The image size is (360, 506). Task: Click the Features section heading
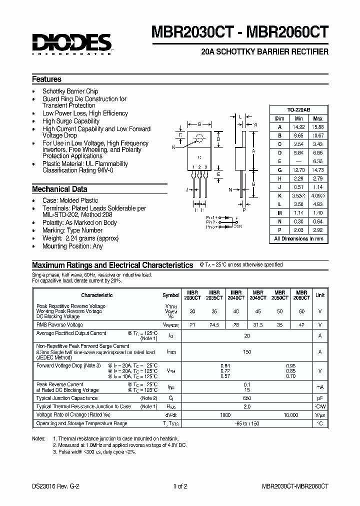tap(46, 79)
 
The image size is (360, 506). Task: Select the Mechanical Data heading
tap(59, 189)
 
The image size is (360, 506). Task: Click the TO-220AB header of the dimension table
tap(298, 109)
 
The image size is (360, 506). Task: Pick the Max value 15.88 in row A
tap(317, 126)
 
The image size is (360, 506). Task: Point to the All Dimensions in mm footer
tap(298, 239)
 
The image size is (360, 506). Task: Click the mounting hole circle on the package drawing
tap(200, 138)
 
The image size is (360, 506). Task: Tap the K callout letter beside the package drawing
tap(173, 147)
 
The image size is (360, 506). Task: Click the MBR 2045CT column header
tap(257, 295)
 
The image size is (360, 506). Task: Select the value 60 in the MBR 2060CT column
tap(301, 311)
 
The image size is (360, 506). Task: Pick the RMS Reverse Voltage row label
tap(59, 324)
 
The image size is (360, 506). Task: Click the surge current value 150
tap(246, 352)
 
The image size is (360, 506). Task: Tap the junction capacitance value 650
tap(246, 398)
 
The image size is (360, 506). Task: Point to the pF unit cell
tap(319, 398)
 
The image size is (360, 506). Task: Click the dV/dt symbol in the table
tap(171, 415)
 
